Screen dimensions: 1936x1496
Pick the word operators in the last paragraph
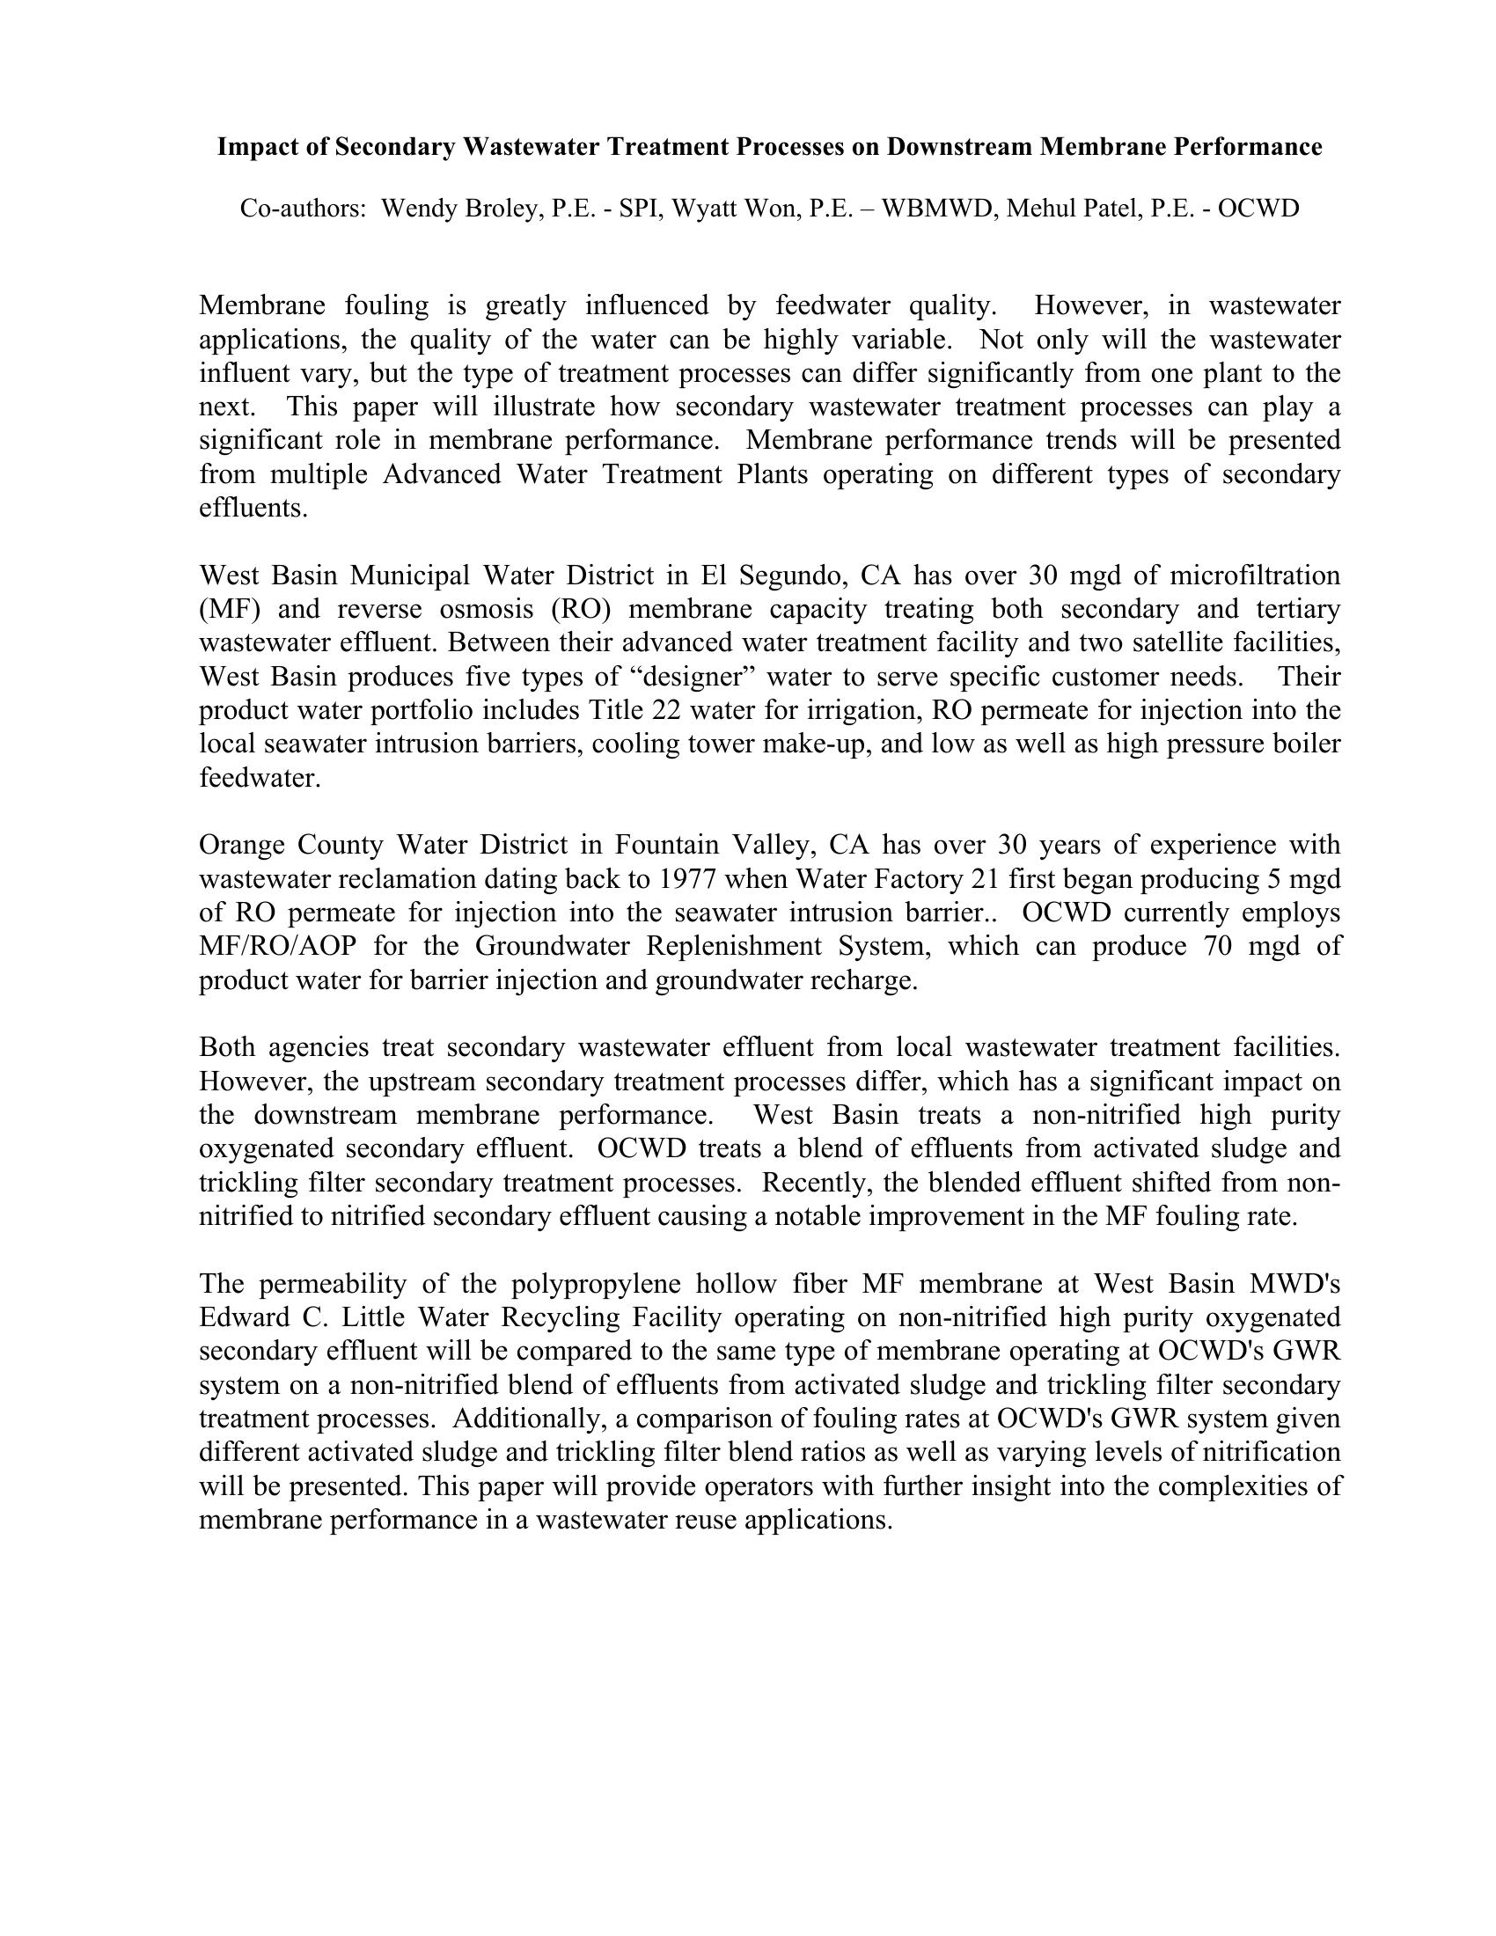coord(744,1486)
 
